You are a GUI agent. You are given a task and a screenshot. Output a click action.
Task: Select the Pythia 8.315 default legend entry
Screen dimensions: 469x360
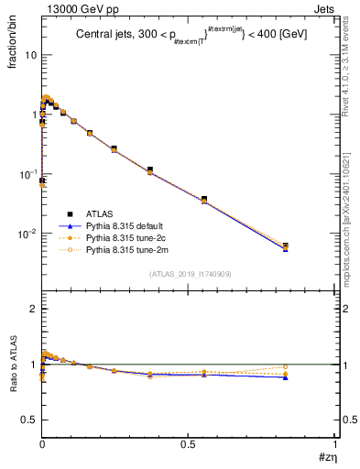(121, 226)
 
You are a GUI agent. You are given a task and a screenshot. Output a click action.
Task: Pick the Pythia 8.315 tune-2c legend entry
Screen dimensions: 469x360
(121, 237)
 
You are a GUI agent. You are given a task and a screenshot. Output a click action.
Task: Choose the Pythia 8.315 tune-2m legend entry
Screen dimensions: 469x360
(121, 248)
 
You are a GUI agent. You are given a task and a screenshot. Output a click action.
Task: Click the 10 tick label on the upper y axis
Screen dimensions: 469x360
(29, 55)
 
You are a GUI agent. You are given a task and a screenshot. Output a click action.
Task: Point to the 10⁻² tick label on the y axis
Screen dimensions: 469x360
(27, 234)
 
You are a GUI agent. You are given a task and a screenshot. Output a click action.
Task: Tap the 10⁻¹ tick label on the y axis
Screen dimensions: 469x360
(27, 174)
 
